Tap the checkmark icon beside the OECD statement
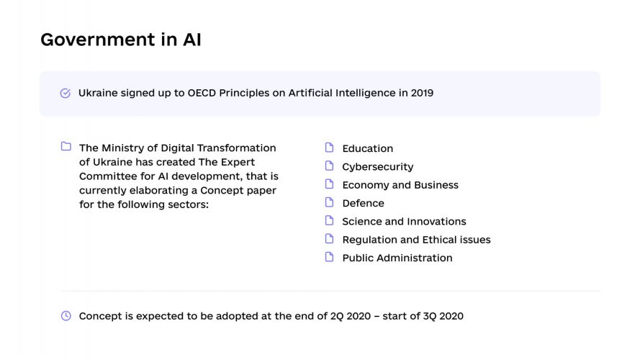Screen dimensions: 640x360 (x=66, y=93)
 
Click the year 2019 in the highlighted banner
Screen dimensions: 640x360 (x=422, y=93)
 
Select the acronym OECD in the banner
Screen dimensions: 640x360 (x=202, y=93)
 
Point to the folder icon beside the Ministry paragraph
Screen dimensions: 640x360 (x=66, y=146)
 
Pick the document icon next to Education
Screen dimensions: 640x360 (x=330, y=148)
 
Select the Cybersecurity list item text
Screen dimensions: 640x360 (x=377, y=167)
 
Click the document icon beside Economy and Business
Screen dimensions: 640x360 (x=330, y=184)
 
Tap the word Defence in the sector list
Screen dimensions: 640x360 (x=364, y=203)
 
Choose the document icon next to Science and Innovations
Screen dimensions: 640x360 (x=330, y=220)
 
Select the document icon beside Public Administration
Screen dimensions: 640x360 (x=330, y=257)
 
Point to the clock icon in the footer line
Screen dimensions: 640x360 (x=66, y=315)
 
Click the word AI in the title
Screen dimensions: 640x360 (x=191, y=40)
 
